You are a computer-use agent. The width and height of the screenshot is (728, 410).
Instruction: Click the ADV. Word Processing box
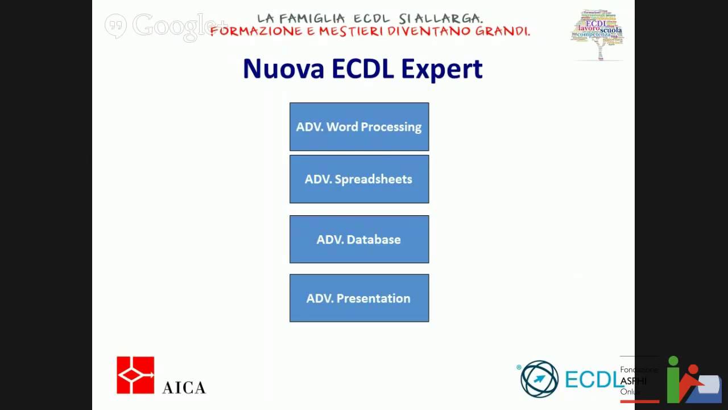pyautogui.click(x=359, y=126)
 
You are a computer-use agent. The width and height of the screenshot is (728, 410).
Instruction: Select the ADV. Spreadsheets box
pyautogui.click(x=359, y=179)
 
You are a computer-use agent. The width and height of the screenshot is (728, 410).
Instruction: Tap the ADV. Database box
pyautogui.click(x=359, y=239)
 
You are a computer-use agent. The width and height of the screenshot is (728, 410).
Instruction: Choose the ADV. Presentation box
pyautogui.click(x=359, y=298)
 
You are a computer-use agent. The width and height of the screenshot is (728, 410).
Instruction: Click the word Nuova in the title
pyautogui.click(x=283, y=69)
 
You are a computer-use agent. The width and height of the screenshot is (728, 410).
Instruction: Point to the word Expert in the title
pyautogui.click(x=441, y=69)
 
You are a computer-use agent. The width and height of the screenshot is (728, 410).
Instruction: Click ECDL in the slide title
pyautogui.click(x=362, y=69)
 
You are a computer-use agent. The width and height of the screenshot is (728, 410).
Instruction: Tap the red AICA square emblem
pyautogui.click(x=135, y=375)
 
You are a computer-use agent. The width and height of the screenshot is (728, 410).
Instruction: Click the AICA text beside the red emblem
pyautogui.click(x=184, y=387)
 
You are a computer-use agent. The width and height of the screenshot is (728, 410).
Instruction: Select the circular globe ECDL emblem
pyautogui.click(x=539, y=379)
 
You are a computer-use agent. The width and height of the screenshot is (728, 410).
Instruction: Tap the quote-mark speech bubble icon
pyautogui.click(x=115, y=26)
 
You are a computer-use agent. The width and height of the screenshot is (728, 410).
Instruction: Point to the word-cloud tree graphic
pyautogui.click(x=597, y=33)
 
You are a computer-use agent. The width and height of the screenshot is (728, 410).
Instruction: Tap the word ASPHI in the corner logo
pyautogui.click(x=633, y=381)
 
